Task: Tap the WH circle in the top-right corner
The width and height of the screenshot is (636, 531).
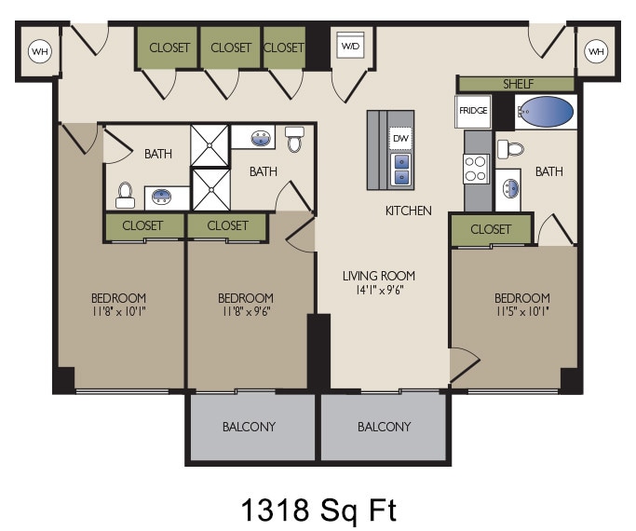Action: coord(596,51)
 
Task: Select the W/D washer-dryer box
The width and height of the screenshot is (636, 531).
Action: coord(350,46)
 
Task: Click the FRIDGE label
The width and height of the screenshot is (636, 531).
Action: coord(473,111)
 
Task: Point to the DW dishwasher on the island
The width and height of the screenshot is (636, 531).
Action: coord(401,139)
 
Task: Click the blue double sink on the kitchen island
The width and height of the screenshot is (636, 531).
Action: coord(401,170)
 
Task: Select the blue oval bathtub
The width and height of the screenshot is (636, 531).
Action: coord(546,113)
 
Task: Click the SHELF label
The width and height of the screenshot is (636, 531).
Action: coord(518,84)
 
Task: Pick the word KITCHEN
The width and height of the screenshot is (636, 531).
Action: coord(408,211)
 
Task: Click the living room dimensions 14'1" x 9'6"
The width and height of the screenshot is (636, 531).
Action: coord(378,290)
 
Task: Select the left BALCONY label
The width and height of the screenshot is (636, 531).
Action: coord(249,427)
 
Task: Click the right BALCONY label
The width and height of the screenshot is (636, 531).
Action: coord(384,427)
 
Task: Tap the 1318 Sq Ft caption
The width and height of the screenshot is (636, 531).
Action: coord(318,509)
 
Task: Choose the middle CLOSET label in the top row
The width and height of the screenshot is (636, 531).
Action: coord(231,48)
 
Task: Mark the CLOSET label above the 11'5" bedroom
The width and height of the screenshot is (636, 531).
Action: coord(491,229)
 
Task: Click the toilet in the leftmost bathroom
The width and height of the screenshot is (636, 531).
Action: coord(125,195)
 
